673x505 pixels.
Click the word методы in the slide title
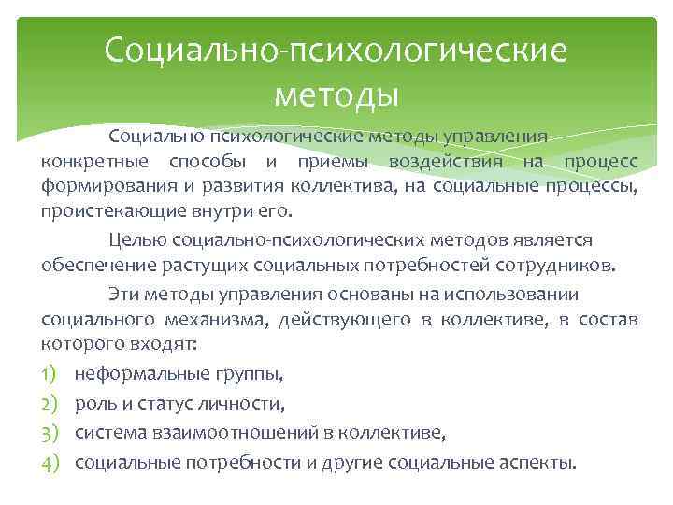(336, 94)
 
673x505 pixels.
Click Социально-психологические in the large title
(336, 50)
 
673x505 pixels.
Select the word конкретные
(87, 162)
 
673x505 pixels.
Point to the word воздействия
(443, 162)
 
